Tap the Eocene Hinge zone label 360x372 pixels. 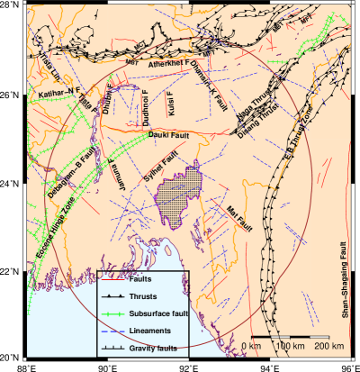31,237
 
